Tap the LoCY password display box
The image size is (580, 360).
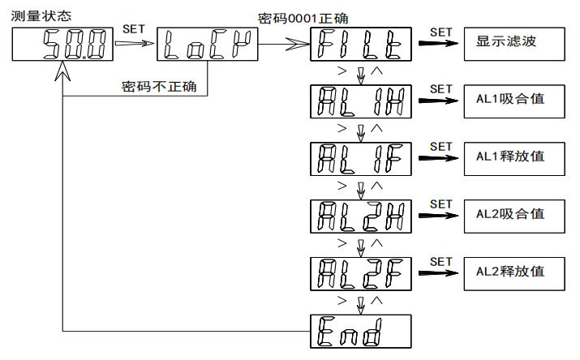(x=208, y=45)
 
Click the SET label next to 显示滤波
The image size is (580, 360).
(x=441, y=32)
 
